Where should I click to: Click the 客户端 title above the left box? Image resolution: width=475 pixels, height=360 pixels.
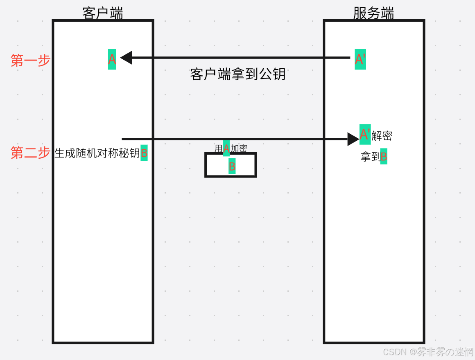pyautogui.click(x=102, y=13)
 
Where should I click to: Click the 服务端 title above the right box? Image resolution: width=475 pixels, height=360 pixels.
pyautogui.click(x=373, y=13)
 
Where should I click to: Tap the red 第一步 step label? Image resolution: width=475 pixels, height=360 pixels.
pyautogui.click(x=30, y=61)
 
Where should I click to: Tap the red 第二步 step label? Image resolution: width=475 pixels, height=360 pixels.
pyautogui.click(x=30, y=153)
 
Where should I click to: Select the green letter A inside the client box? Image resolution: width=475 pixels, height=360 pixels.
pyautogui.click(x=112, y=60)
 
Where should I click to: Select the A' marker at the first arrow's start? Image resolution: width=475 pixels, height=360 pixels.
pyautogui.click(x=360, y=60)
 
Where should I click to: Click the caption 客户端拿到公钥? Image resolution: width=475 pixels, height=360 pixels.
pyautogui.click(x=237, y=74)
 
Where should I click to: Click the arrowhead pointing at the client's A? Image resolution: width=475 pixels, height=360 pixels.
pyautogui.click(x=126, y=58)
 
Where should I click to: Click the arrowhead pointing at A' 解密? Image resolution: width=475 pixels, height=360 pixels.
pyautogui.click(x=353, y=139)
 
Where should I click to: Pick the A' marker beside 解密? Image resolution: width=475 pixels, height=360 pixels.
pyautogui.click(x=365, y=134)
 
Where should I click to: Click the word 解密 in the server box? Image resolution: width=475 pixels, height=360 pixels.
pyautogui.click(x=382, y=136)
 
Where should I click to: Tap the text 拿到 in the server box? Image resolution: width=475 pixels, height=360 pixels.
pyautogui.click(x=370, y=157)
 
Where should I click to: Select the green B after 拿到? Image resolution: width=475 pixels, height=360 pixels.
pyautogui.click(x=384, y=157)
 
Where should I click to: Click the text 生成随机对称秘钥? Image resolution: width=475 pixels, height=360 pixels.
pyautogui.click(x=97, y=153)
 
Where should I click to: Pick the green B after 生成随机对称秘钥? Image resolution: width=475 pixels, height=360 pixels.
pyautogui.click(x=144, y=153)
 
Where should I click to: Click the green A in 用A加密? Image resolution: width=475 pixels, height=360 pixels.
pyautogui.click(x=226, y=148)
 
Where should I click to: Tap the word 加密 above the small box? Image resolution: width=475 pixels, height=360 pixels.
pyautogui.click(x=239, y=148)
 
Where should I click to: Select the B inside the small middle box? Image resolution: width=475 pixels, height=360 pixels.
pyautogui.click(x=232, y=166)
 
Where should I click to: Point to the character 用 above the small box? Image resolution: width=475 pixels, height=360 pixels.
pyautogui.click(x=219, y=148)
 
